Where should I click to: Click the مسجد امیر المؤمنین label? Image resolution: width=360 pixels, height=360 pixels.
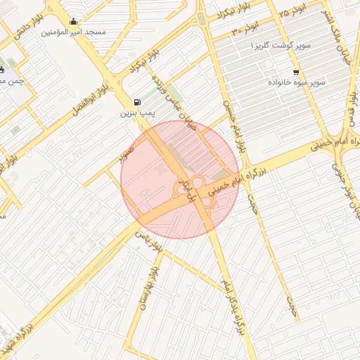pyautogui.click(x=73, y=32)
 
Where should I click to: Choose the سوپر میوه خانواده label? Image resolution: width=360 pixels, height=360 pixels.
pyautogui.click(x=296, y=82)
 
